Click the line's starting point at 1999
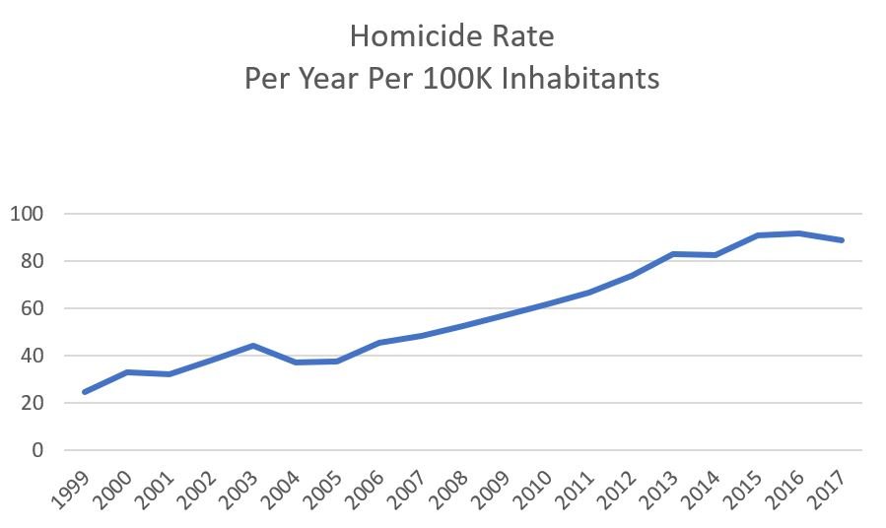pos(84,392)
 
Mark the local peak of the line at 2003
pos(252,346)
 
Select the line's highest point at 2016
pos(799,232)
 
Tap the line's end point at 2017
pos(842,239)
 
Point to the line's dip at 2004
pos(295,363)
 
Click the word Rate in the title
pos(523,37)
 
